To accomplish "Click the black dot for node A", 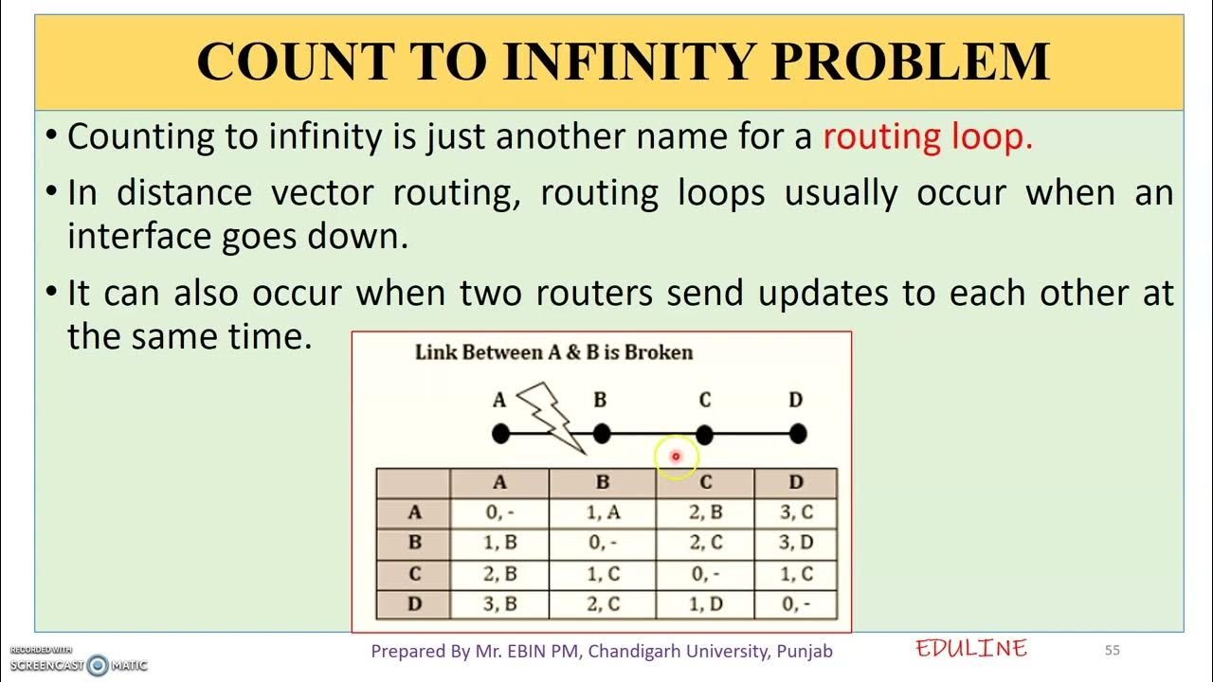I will pyautogui.click(x=501, y=434).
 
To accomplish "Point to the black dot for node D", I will pyautogui.click(x=797, y=434).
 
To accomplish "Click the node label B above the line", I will pyautogui.click(x=600, y=401).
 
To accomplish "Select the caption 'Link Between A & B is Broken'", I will pyautogui.click(x=554, y=352).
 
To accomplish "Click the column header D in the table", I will pyautogui.click(x=795, y=483).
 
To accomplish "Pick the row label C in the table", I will pyautogui.click(x=414, y=574).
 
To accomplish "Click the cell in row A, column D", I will pyautogui.click(x=795, y=513).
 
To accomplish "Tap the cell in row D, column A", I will pyautogui.click(x=499, y=604).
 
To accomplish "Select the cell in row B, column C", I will pyautogui.click(x=705, y=544).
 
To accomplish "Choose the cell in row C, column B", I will pyautogui.click(x=602, y=574).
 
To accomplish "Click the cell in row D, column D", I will pyautogui.click(x=795, y=604).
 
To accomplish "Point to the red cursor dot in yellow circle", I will pyautogui.click(x=676, y=457).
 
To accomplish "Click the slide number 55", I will pyautogui.click(x=1113, y=651).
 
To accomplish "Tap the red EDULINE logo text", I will pyautogui.click(x=971, y=649).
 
